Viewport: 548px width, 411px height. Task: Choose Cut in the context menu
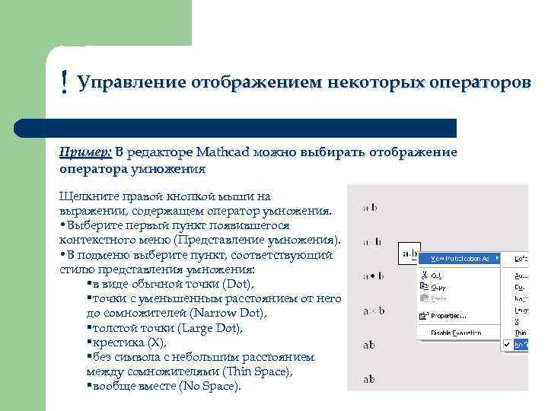438,276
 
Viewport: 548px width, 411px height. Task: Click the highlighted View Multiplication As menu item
461,259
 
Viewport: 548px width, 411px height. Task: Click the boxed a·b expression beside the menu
409,253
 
